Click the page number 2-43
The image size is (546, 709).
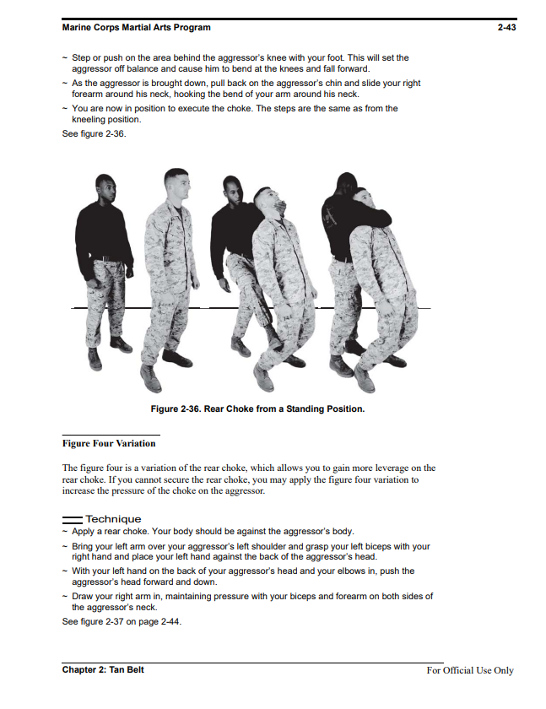[506, 27]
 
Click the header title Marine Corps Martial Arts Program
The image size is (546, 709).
[136, 27]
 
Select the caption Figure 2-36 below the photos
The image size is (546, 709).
[257, 409]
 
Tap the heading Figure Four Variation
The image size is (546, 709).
[109, 443]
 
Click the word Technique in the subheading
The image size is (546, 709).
[113, 519]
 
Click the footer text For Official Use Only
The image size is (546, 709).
[469, 670]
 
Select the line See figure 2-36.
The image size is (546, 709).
[95, 133]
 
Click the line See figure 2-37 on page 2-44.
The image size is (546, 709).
[122, 621]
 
